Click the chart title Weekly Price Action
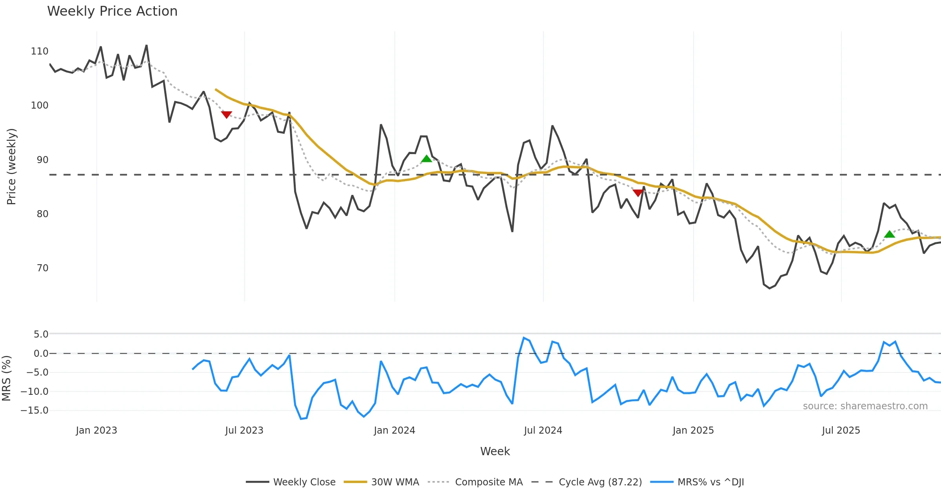pos(112,11)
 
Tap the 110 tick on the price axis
pos(40,51)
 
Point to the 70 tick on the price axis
pos(42,268)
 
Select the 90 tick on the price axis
pos(42,160)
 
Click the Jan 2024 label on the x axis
pos(394,430)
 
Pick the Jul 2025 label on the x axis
pos(841,430)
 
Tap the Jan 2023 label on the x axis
pos(96,430)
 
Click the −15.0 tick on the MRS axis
pos(35,410)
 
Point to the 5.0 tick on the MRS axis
pos(41,334)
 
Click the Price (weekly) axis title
pos(11,167)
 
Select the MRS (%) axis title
pos(6,378)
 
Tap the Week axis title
pos(495,452)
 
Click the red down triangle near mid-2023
pos(226,114)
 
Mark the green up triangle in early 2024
pos(426,159)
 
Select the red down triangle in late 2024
pos(638,193)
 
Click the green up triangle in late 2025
pos(890,234)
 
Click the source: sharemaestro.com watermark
pos(865,406)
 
